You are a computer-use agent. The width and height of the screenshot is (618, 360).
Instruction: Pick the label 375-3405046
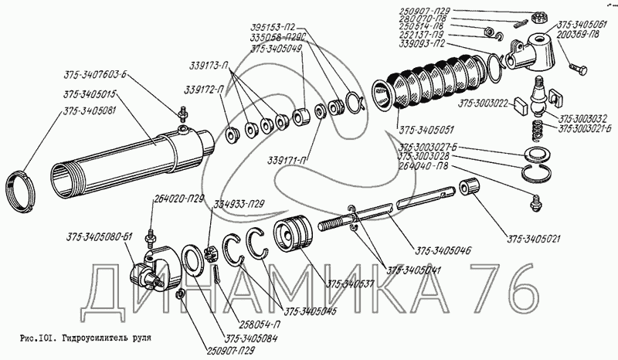pos(443,251)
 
